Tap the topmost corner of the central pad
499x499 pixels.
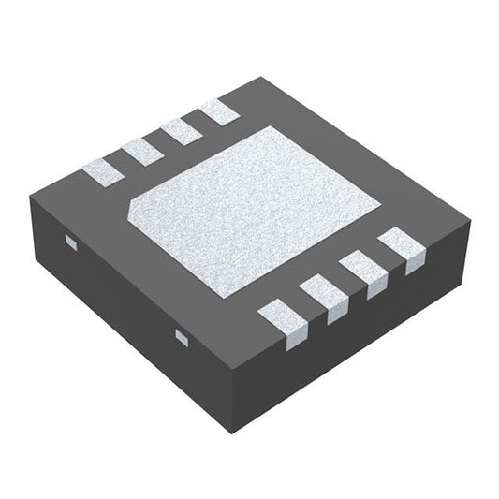coord(271,126)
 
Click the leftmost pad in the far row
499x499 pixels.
coord(100,169)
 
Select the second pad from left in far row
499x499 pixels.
coord(141,149)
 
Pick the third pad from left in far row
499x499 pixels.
coord(181,129)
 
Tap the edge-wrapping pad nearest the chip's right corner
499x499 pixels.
coord(402,250)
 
